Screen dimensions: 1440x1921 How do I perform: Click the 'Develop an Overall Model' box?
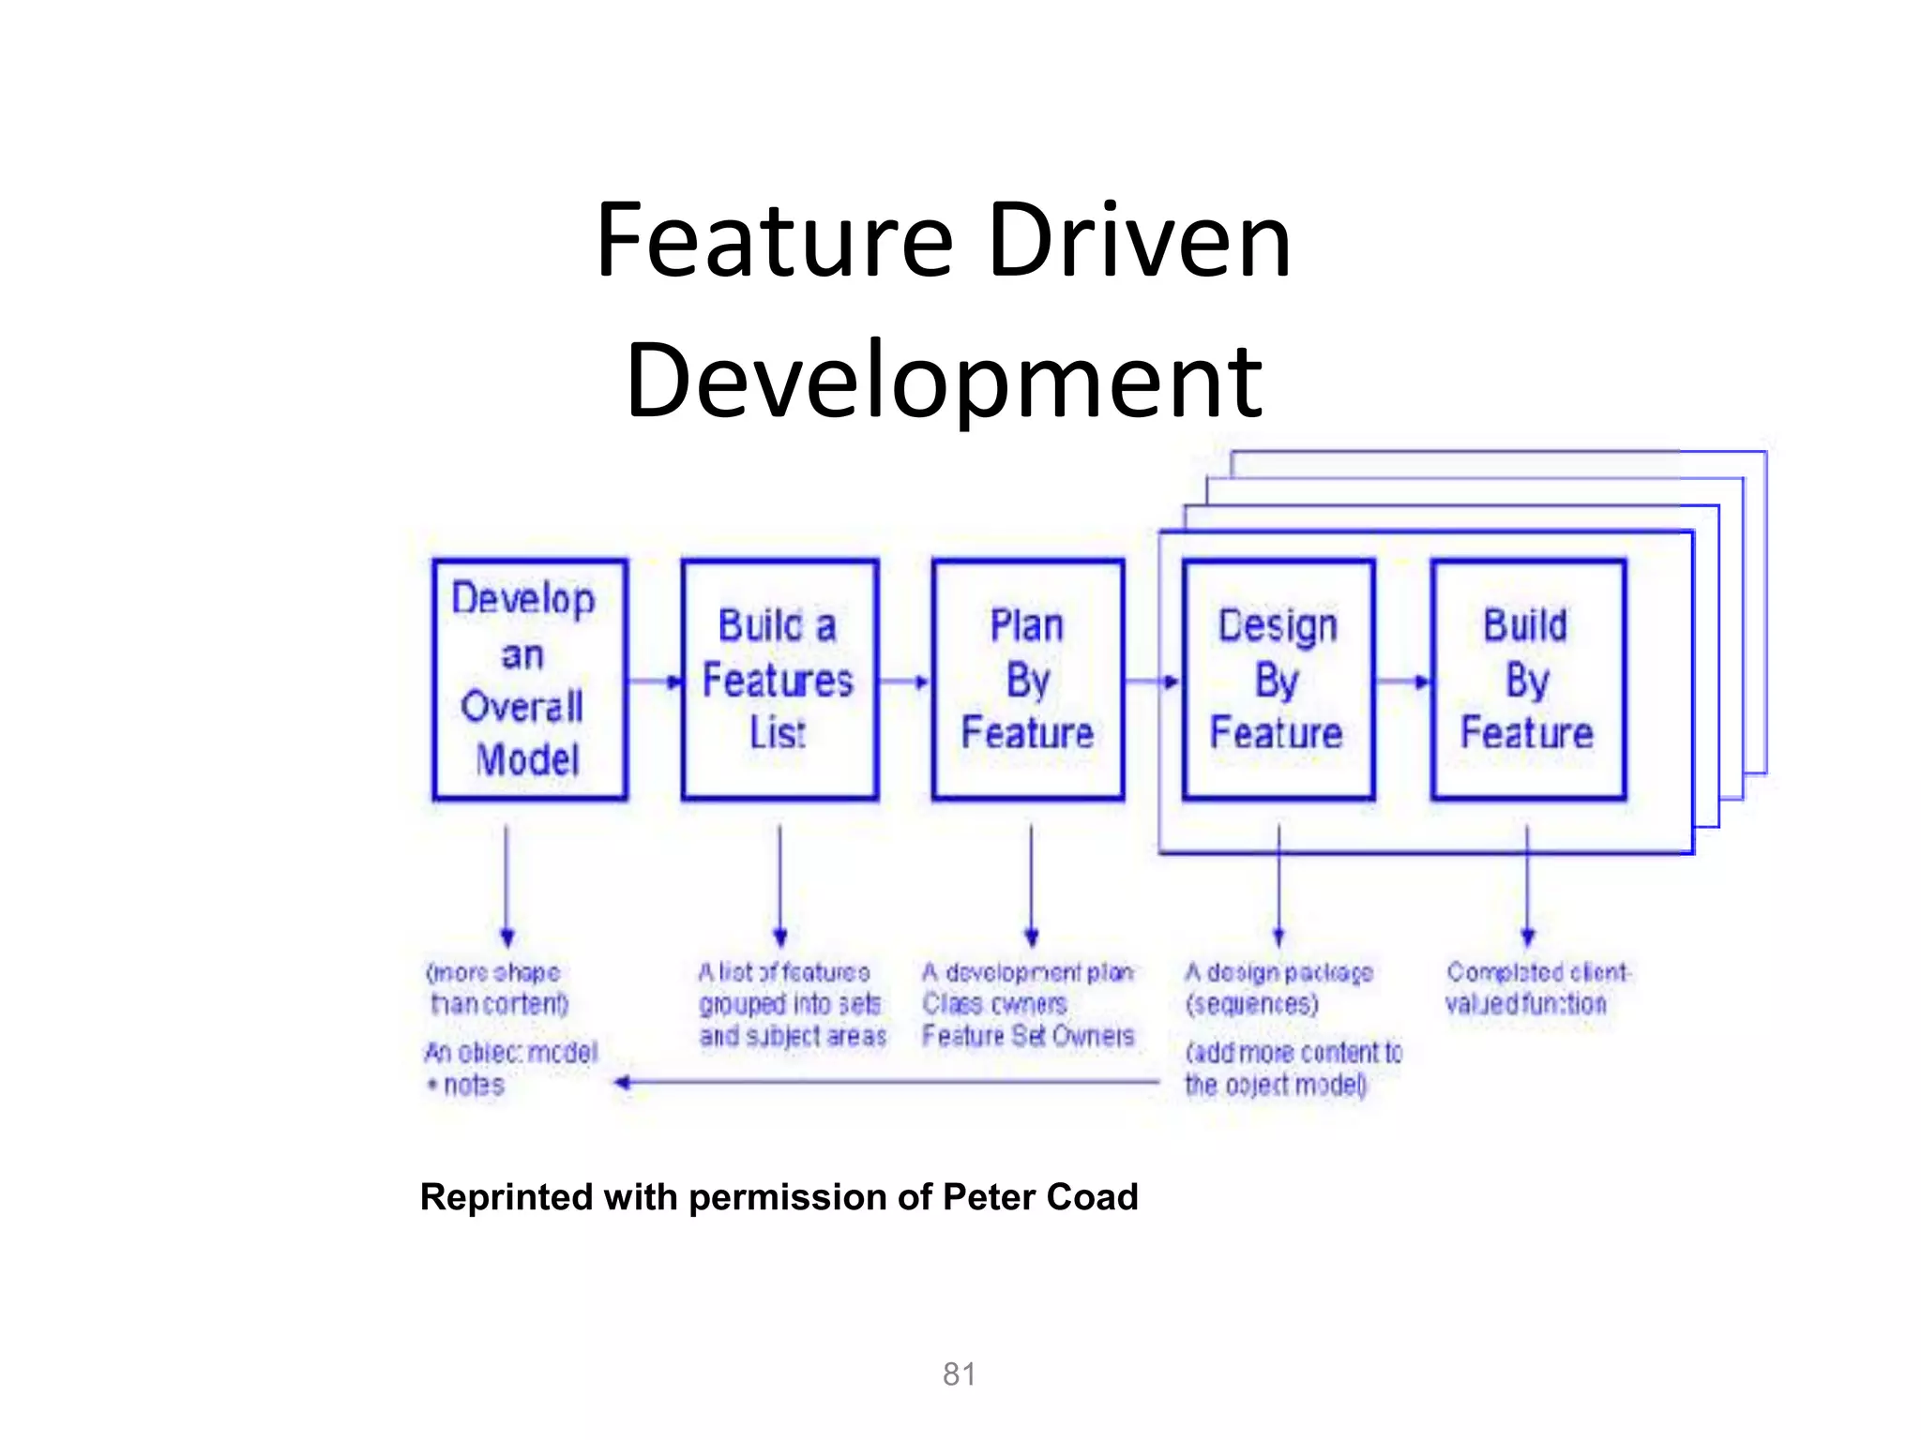pos(529,679)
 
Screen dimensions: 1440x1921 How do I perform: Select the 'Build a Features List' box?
pos(779,679)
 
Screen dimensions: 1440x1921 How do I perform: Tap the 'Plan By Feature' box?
pos(1028,679)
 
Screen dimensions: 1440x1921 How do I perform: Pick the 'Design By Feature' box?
pos(1278,679)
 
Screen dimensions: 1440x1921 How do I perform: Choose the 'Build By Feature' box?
pos(1528,679)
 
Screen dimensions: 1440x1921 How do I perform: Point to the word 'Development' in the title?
pos(944,381)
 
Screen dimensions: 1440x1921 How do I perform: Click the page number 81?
pos(960,1373)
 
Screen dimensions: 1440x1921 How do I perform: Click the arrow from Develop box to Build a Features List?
pos(655,681)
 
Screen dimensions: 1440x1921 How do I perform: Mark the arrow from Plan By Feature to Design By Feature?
pos(1153,681)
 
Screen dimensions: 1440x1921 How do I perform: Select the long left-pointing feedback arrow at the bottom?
pos(886,1083)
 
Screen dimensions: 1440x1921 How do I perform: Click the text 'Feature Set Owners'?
pos(1028,1036)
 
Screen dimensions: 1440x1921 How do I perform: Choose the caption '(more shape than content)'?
pos(497,988)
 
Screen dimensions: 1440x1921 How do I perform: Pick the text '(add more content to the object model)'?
pos(1293,1069)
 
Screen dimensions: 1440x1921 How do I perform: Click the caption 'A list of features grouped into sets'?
pos(789,988)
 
